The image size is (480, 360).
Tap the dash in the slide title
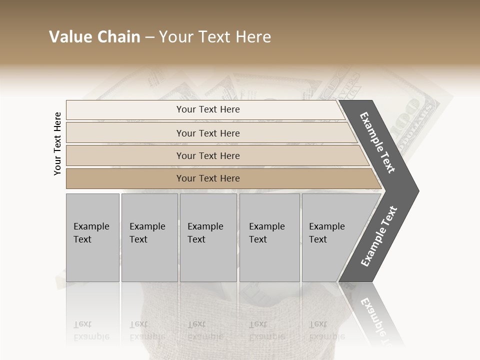point(149,37)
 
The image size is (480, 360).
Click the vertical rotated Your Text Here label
point(57,144)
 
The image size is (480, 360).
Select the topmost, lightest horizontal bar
point(205,109)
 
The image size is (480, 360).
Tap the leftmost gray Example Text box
point(92,237)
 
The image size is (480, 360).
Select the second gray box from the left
point(149,237)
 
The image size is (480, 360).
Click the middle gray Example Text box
point(208,237)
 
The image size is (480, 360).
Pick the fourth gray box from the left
point(269,237)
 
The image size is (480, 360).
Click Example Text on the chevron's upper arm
point(378,142)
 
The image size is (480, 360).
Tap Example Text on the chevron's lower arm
point(378,236)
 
